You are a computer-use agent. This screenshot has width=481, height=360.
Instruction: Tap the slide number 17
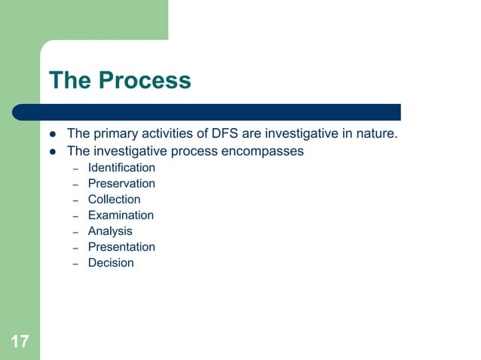pos(20,343)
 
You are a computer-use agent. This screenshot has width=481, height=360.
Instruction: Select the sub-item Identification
pos(121,167)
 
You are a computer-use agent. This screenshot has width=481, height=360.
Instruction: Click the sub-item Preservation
pos(121,183)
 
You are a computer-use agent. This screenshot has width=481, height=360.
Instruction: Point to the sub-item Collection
pos(114,199)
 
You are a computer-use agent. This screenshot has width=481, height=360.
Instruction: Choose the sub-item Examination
pos(121,215)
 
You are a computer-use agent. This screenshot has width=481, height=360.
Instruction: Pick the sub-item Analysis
pos(110,230)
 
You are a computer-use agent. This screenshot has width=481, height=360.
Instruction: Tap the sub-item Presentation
pos(121,246)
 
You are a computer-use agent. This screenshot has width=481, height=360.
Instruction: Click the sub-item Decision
pos(111,262)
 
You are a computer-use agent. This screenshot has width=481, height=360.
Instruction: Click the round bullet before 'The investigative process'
pos(54,151)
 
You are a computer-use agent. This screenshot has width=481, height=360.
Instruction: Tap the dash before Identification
pos(76,168)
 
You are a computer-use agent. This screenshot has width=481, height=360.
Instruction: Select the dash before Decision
pos(76,263)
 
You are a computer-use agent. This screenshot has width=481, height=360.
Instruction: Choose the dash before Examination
pos(76,215)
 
